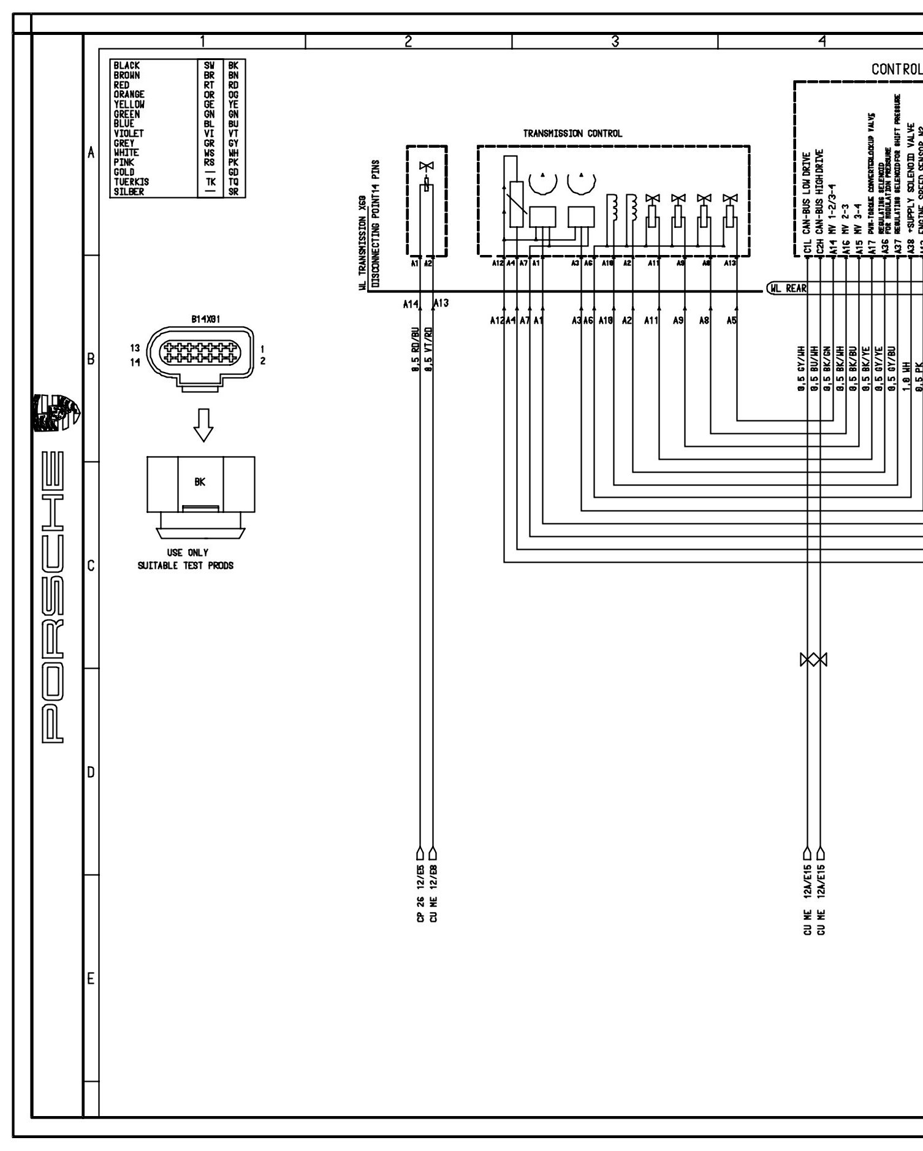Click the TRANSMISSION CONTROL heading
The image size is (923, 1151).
572,134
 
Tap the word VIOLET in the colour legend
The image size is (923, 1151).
128,134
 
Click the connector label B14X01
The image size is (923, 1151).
205,319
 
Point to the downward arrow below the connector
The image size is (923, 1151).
203,424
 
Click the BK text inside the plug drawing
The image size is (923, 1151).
200,482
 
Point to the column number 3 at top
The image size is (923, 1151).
615,42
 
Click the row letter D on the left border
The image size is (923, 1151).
91,772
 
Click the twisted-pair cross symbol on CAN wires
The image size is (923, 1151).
813,660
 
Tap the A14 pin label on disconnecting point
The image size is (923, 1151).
410,303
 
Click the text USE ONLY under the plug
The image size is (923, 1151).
187,552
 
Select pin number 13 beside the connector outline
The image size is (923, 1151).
135,348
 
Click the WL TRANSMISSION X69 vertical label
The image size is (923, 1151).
363,233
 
